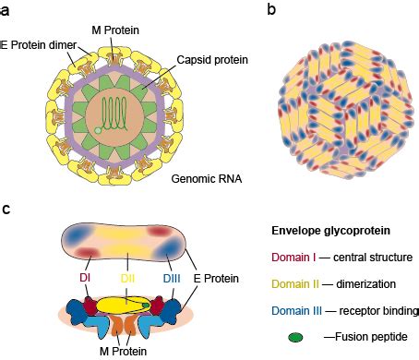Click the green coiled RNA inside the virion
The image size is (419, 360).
pos(115,113)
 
